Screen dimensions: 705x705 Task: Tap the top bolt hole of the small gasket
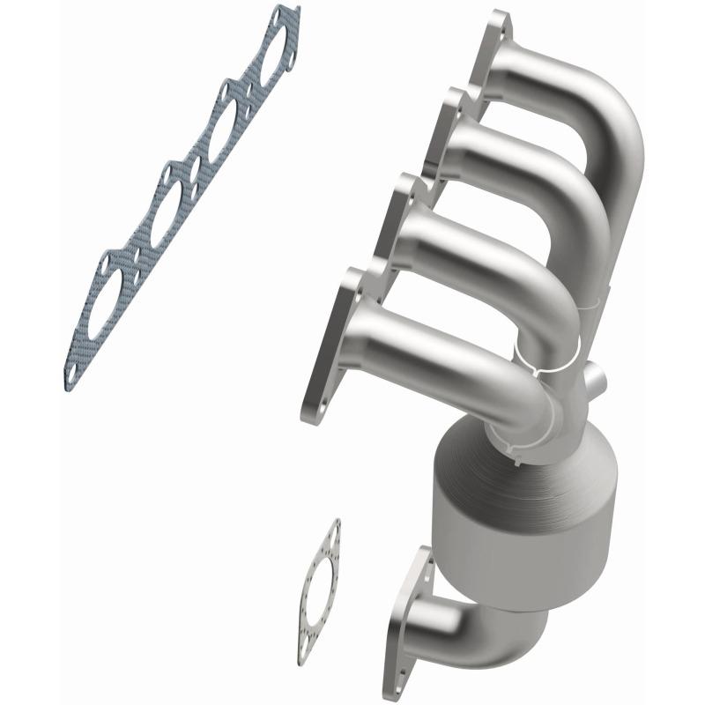(332, 529)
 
